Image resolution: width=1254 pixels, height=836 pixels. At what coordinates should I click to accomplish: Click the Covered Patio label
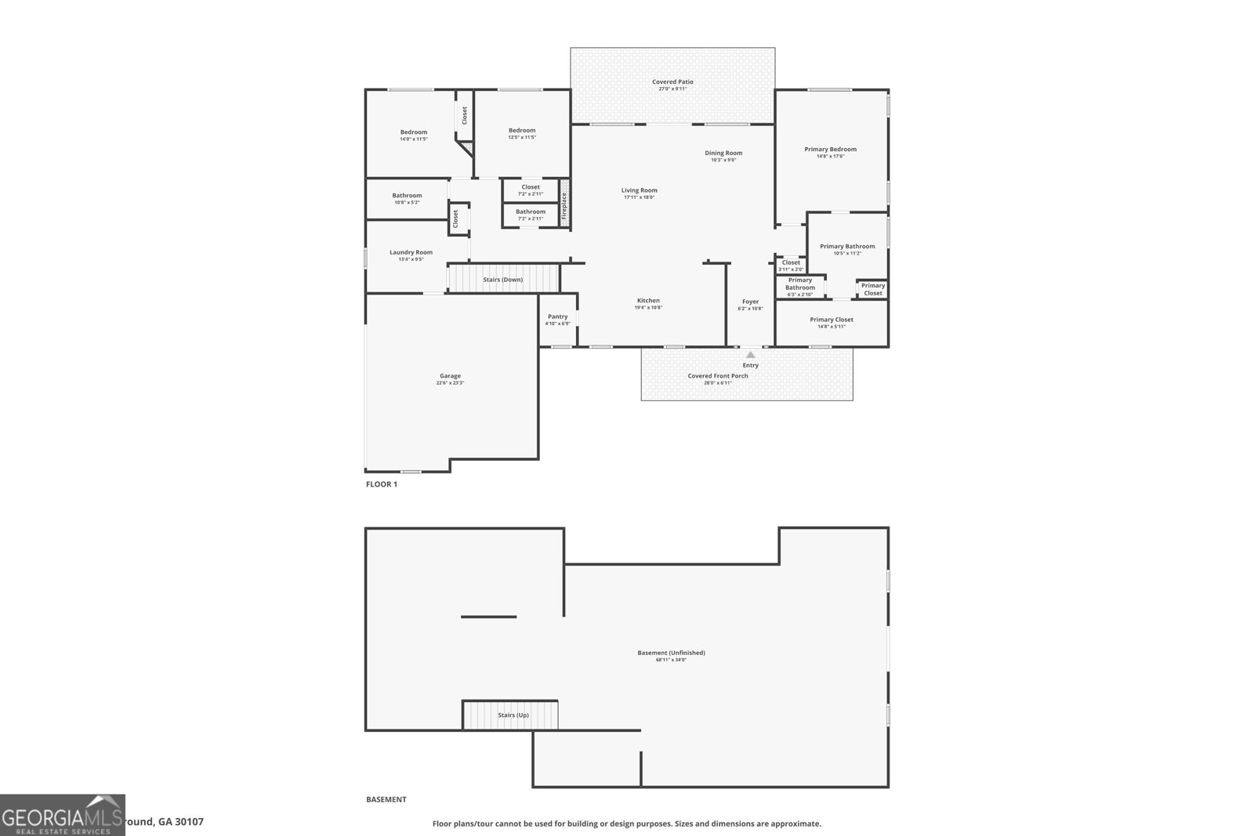(x=672, y=81)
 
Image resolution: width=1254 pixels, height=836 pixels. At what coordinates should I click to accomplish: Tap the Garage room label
(x=450, y=376)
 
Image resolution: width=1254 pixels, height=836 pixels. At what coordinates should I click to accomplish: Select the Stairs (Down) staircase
(x=502, y=279)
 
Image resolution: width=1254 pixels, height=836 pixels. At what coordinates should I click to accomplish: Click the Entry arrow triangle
(x=750, y=355)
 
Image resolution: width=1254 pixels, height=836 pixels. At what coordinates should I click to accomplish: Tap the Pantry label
(x=557, y=317)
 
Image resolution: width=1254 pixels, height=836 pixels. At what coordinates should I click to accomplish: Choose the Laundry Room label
(x=411, y=252)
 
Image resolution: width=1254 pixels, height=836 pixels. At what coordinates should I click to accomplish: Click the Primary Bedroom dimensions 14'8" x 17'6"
(x=830, y=156)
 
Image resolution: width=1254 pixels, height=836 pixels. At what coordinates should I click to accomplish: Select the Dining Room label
(x=723, y=153)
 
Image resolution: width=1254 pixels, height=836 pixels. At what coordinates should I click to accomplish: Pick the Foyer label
(x=750, y=302)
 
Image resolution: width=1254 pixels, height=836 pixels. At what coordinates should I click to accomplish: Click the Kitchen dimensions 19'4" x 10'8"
(x=648, y=308)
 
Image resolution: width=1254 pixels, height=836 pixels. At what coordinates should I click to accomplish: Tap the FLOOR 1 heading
(x=382, y=484)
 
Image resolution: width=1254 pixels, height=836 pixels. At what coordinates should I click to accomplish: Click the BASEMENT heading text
(x=386, y=799)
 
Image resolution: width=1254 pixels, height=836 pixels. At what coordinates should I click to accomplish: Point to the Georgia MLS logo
(x=62, y=815)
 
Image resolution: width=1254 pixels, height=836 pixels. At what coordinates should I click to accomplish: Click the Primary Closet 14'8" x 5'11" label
(x=831, y=320)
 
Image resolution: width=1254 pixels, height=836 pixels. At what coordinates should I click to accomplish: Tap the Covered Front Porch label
(x=718, y=376)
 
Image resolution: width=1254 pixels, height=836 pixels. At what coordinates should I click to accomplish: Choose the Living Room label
(x=639, y=190)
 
